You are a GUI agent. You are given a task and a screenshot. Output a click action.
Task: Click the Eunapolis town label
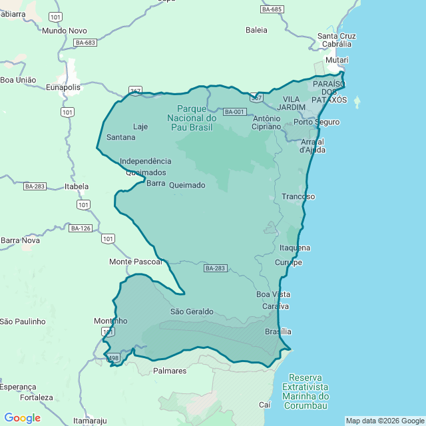pyautogui.click(x=63, y=87)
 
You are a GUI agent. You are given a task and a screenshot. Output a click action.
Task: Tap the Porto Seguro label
pyautogui.click(x=316, y=122)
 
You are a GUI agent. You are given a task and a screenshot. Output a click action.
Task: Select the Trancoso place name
pyautogui.click(x=298, y=196)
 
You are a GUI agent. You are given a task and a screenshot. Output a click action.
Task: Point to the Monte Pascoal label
pyautogui.click(x=136, y=262)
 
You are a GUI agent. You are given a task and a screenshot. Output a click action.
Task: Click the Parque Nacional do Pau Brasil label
pyautogui.click(x=196, y=118)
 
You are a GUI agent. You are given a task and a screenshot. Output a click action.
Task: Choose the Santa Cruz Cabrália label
pyautogui.click(x=336, y=40)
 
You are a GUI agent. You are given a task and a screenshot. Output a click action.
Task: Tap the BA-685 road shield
pyautogui.click(x=272, y=9)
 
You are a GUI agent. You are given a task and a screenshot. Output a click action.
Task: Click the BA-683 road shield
pyautogui.click(x=86, y=43)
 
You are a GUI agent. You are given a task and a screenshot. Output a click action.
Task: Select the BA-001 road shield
pyautogui.click(x=234, y=112)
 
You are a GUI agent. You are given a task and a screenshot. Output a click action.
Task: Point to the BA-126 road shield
pyautogui.click(x=80, y=228)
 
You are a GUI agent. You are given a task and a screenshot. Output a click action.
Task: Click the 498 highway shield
pyautogui.click(x=114, y=357)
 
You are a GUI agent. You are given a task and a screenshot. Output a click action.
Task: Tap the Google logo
pyautogui.click(x=22, y=418)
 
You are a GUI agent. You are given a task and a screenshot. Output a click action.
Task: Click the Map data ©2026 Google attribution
pyautogui.click(x=385, y=421)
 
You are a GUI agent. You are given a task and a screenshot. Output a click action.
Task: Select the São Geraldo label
pyautogui.click(x=192, y=312)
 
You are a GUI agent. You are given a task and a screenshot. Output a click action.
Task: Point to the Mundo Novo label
pyautogui.click(x=64, y=31)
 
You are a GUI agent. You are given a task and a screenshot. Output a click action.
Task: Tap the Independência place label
pyautogui.click(x=145, y=161)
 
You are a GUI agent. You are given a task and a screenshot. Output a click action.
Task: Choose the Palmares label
pyautogui.click(x=170, y=371)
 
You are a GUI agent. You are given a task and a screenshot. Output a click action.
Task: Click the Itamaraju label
pyautogui.click(x=90, y=421)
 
